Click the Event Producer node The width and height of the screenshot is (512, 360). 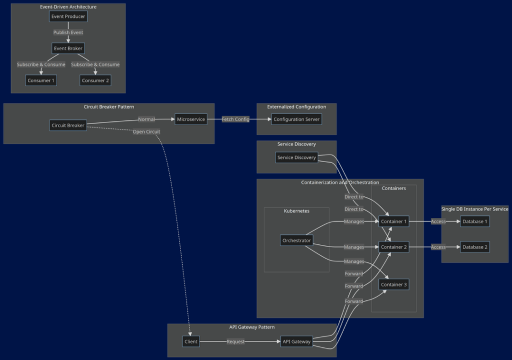click(x=68, y=16)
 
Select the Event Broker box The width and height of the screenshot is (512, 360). click(x=68, y=49)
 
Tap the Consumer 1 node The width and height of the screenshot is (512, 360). click(x=41, y=80)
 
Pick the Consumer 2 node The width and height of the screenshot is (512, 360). click(x=96, y=80)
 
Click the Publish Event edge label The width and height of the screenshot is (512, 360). click(x=68, y=32)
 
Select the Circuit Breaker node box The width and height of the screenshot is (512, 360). click(x=68, y=126)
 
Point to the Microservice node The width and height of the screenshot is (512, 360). click(x=191, y=119)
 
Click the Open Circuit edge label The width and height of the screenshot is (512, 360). click(x=146, y=131)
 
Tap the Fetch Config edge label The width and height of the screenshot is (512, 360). click(x=235, y=119)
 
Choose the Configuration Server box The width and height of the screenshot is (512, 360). click(x=296, y=119)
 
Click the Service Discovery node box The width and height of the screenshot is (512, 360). click(x=297, y=157)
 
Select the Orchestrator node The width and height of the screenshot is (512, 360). click(x=297, y=241)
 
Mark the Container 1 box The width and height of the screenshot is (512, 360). click(x=394, y=222)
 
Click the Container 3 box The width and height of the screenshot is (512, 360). click(x=394, y=285)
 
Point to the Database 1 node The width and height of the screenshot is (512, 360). click(x=475, y=222)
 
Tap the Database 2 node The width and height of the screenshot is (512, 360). click(x=475, y=247)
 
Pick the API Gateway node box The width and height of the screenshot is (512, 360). click(x=296, y=342)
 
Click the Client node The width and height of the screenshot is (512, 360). click(x=191, y=342)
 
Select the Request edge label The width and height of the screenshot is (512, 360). click(x=235, y=342)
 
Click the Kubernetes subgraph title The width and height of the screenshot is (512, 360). click(x=296, y=211)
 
